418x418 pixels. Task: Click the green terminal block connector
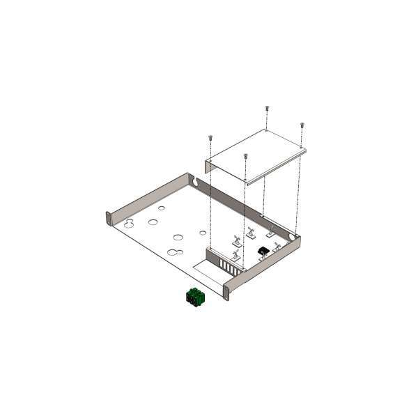pos(195,297)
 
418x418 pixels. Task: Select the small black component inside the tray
pos(263,251)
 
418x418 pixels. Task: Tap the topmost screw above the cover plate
pos(268,109)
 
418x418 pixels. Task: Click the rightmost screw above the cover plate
pos(302,126)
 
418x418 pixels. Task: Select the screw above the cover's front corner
pos(245,157)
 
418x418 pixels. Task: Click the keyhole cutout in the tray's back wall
pos(196,182)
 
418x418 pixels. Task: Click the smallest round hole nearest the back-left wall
pos(161,208)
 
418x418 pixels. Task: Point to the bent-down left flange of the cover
pos(208,167)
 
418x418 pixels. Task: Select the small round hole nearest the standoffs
pos(203,233)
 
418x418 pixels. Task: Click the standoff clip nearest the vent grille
pos(235,257)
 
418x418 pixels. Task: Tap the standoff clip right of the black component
pos(277,246)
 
